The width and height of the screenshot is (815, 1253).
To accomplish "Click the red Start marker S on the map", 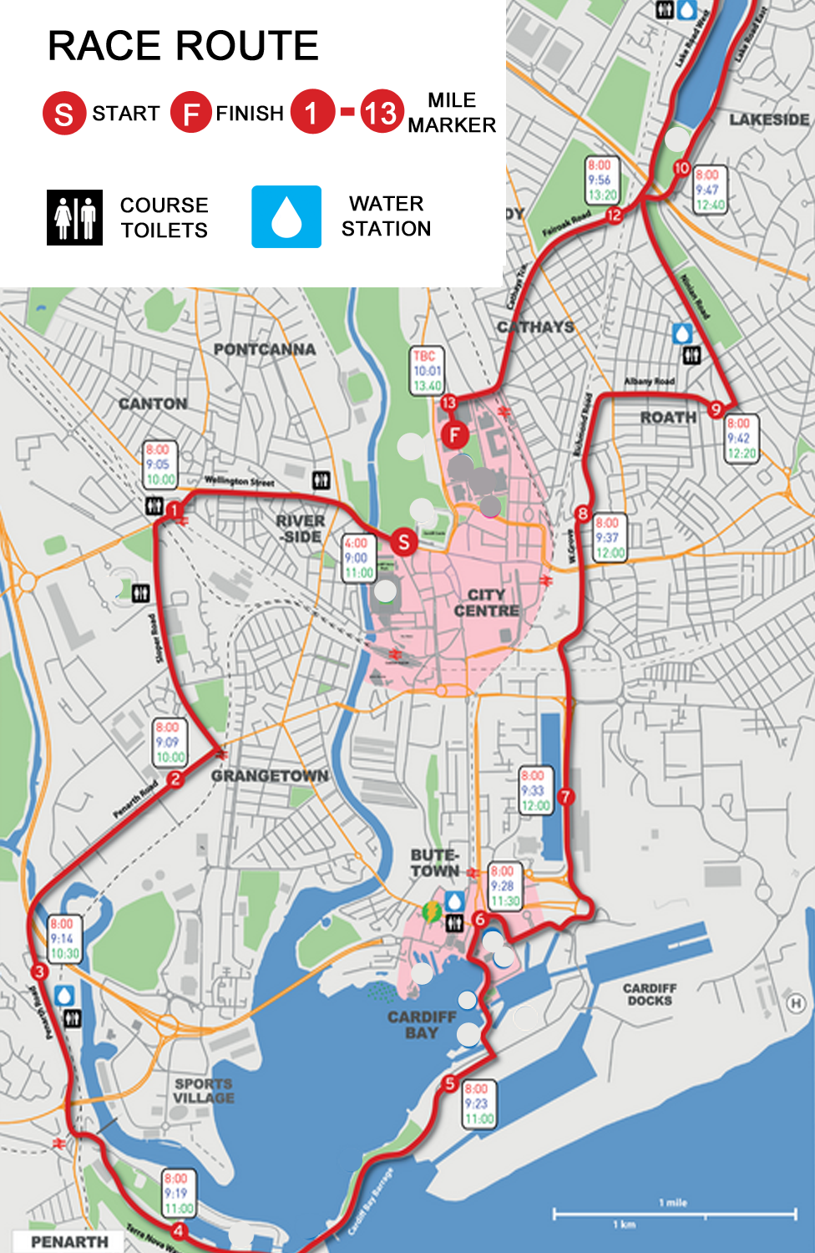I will tap(403, 542).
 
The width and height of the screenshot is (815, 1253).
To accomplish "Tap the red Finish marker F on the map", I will tap(454, 434).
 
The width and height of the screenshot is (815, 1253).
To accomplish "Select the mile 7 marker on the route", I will tap(565, 796).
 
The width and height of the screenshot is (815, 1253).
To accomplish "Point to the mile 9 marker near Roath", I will tap(716, 408).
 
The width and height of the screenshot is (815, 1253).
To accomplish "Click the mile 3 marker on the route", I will tap(38, 971).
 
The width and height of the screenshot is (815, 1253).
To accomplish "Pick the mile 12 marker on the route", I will tap(614, 215).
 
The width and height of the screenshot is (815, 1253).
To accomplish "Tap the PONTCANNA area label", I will tap(264, 349).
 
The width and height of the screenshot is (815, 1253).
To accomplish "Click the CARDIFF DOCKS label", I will tap(650, 994).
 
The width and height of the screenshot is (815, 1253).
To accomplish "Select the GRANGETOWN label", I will tap(270, 776).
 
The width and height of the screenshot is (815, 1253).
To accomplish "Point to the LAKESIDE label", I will tap(769, 119).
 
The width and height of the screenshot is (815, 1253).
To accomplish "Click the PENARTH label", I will tap(69, 1241).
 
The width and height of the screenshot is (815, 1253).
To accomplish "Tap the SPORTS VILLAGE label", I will tap(203, 1090).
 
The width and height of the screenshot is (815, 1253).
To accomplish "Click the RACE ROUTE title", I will tap(183, 46).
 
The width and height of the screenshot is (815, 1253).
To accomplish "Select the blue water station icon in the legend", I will tap(286, 217).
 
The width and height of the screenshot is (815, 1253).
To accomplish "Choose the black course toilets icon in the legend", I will tap(75, 217).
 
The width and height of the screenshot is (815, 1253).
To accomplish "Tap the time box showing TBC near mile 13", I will tap(427, 371).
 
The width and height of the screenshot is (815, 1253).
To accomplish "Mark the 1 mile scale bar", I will tap(674, 1212).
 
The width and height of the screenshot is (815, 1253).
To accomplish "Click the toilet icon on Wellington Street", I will tap(321, 480).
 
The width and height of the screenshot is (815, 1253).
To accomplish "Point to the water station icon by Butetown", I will tap(453, 901).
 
